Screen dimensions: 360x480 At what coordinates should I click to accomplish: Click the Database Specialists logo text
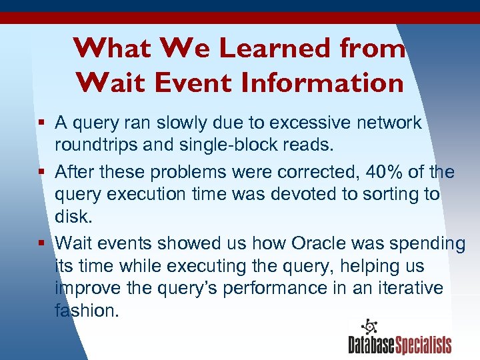click(400, 344)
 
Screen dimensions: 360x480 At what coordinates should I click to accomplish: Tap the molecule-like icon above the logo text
click(368, 327)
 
